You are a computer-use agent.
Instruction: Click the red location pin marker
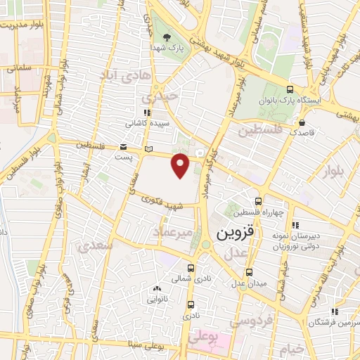[x=181, y=165]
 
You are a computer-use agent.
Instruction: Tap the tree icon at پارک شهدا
[x=165, y=37]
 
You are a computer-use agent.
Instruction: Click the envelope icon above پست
[x=124, y=147]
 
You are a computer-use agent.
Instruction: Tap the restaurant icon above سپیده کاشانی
[x=146, y=112]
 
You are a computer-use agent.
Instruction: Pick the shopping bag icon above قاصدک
[x=302, y=122]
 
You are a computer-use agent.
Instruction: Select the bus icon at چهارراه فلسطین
[x=258, y=200]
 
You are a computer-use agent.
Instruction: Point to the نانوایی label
[x=156, y=297]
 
